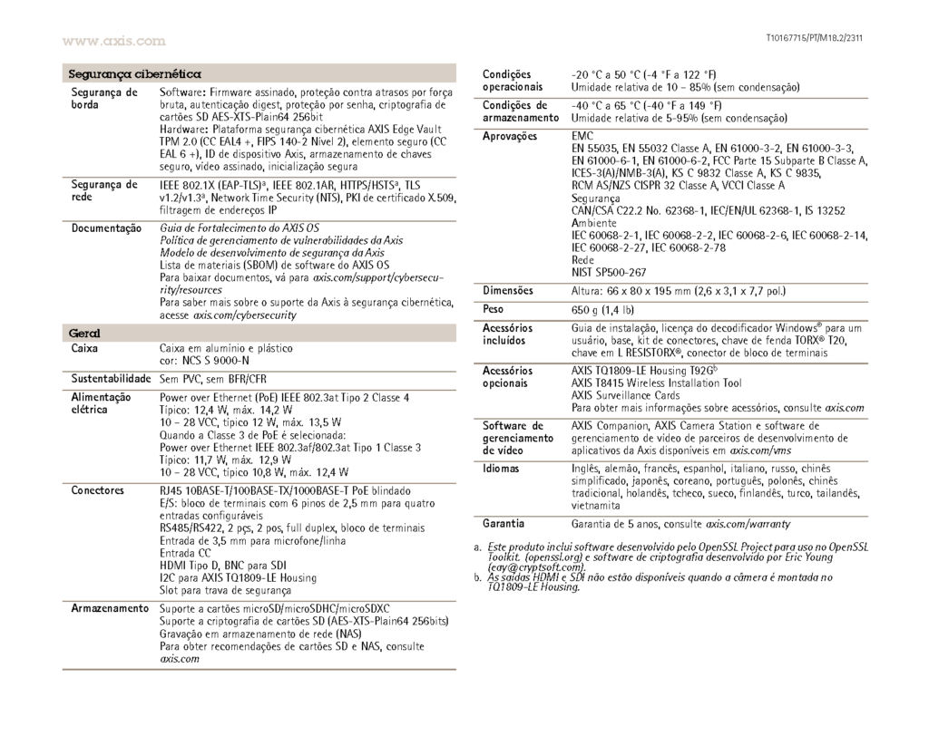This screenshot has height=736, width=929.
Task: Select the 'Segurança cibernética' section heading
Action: pos(134,73)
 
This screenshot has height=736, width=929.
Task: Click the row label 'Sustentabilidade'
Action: pos(111,377)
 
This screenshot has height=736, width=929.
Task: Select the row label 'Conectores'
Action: pos(97,490)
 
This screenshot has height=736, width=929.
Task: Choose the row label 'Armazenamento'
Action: pos(111,608)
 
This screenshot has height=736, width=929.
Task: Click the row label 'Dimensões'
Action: pos(508,291)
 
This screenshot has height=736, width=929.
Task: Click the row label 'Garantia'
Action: pos(504,524)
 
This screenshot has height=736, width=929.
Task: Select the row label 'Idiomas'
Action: pos(502,469)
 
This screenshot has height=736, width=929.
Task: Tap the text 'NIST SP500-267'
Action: pos(609,271)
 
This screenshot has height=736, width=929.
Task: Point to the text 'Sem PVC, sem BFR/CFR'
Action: pos(215,378)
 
